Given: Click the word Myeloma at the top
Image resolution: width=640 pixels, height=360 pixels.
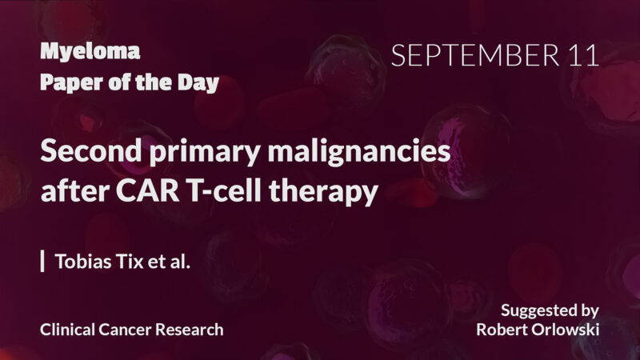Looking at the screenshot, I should point(90,53).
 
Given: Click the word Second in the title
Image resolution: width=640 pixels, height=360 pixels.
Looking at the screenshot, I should point(83,151).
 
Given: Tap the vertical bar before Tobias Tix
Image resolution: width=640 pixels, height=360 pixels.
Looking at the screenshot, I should point(42,261).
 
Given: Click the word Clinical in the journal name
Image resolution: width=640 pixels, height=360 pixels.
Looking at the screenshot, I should point(68,329).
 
